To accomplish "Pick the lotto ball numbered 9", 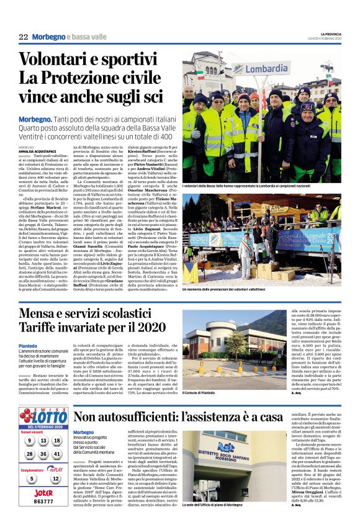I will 29,441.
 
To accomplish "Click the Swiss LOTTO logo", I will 43,416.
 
